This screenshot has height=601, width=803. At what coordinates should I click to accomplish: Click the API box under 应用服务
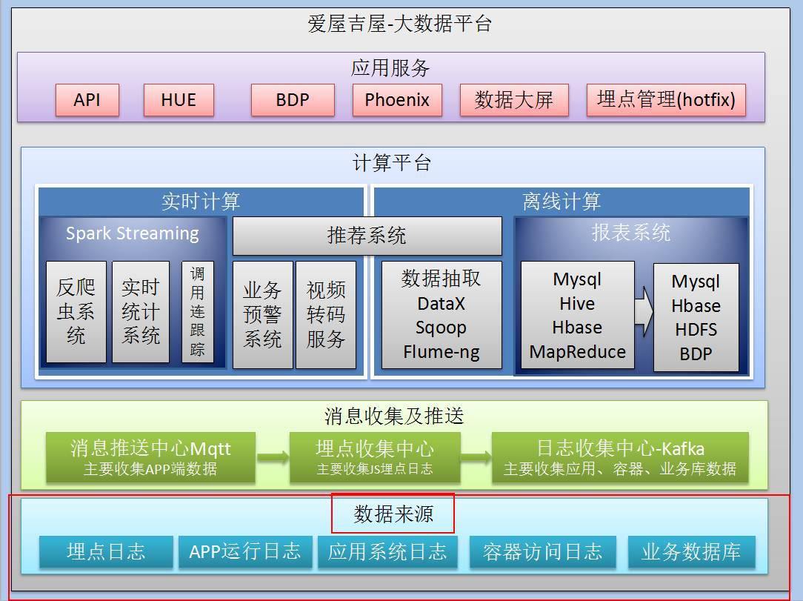coord(87,100)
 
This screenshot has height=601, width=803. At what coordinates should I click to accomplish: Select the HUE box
coord(179,100)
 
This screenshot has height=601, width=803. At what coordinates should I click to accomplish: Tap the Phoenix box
coord(397,100)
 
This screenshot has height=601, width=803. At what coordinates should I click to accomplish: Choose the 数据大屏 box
coord(514,100)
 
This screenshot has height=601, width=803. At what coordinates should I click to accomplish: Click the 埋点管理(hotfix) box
coord(666,100)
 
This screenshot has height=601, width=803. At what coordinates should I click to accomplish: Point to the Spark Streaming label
coord(133,233)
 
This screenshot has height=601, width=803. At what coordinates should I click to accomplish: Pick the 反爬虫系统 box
coord(76,312)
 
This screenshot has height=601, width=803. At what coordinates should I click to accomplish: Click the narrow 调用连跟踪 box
coord(198,312)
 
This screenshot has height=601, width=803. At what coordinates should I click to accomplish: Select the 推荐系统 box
coord(367,236)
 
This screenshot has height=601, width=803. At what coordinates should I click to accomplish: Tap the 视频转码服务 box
coord(326,314)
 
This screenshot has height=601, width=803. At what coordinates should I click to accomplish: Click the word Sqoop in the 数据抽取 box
coord(442,328)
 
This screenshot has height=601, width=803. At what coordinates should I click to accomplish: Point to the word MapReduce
coord(578,352)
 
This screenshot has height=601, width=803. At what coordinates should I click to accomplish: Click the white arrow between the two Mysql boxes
coord(644,314)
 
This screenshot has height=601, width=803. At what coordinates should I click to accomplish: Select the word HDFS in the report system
coord(696,330)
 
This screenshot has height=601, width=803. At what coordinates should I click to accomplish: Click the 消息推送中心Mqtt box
coord(150,457)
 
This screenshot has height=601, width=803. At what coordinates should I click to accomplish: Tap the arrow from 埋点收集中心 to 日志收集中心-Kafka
coord(476,457)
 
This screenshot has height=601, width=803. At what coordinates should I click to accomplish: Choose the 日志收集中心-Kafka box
coord(620,457)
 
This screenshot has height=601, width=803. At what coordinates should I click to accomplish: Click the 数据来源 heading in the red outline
coord(393,514)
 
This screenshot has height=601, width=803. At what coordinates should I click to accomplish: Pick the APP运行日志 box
coord(245,552)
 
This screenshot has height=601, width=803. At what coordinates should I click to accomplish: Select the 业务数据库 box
coord(691,552)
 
